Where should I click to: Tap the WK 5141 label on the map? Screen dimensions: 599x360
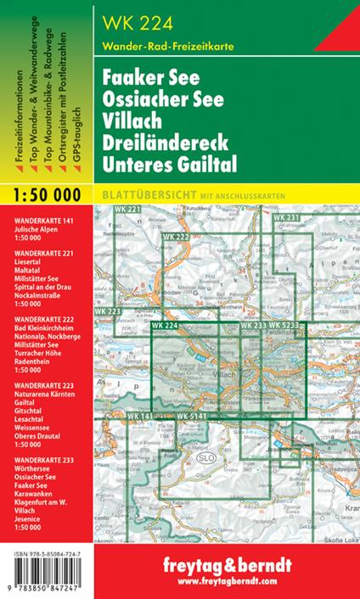coord(192,416)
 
